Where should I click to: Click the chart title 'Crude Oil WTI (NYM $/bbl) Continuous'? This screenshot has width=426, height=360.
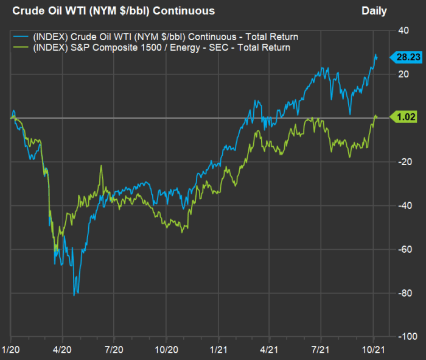coord(113,11)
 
